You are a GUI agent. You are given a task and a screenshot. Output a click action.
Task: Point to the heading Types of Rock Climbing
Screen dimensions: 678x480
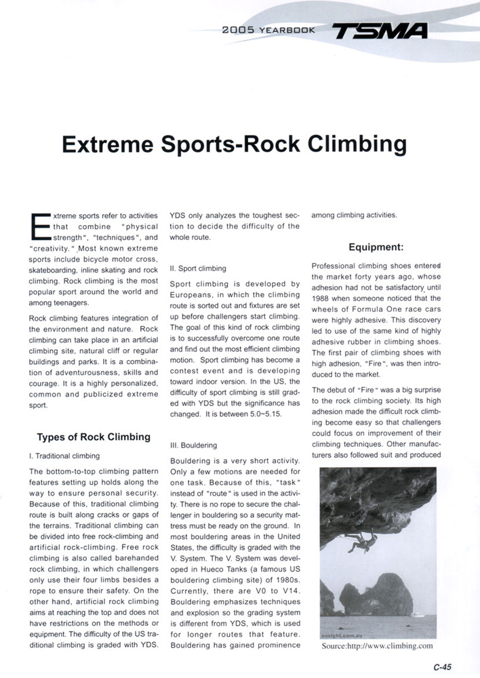93,437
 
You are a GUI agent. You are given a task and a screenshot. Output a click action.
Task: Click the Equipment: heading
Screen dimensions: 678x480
376,247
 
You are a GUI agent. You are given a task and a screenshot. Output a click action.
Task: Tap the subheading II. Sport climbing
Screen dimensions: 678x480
198,268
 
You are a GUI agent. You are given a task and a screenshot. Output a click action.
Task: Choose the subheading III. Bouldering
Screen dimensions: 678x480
193,445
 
